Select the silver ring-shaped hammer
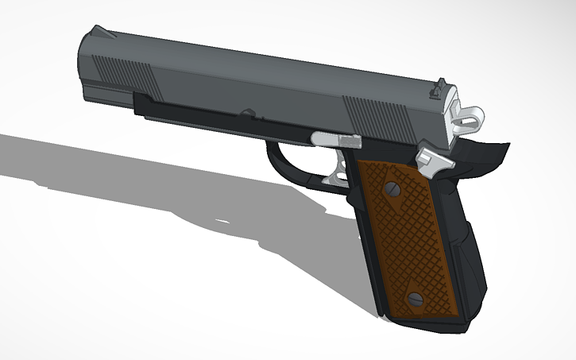click(470, 116)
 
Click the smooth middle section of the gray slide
click(254, 83)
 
